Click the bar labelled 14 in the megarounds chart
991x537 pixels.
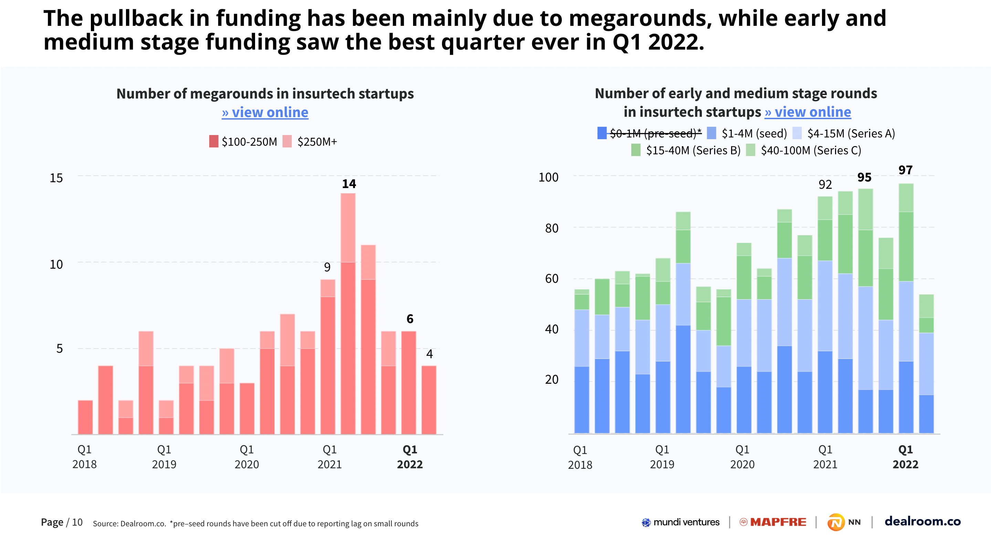coord(348,314)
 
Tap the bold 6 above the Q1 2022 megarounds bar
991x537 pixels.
coord(410,319)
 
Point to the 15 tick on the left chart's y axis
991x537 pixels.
coord(56,178)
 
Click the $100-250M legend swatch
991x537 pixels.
coord(213,141)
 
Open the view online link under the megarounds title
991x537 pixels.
coord(265,112)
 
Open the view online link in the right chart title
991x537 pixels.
coord(808,112)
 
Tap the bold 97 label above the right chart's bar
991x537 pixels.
coord(905,170)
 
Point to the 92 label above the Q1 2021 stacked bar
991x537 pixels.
coord(825,185)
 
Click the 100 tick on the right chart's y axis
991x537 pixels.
coord(548,177)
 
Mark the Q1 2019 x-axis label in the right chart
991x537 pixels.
coord(662,457)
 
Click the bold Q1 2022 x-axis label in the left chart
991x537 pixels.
coord(410,457)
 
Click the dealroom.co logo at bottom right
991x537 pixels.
coord(922,521)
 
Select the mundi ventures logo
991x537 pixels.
coord(681,522)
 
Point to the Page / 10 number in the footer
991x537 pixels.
coord(62,523)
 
